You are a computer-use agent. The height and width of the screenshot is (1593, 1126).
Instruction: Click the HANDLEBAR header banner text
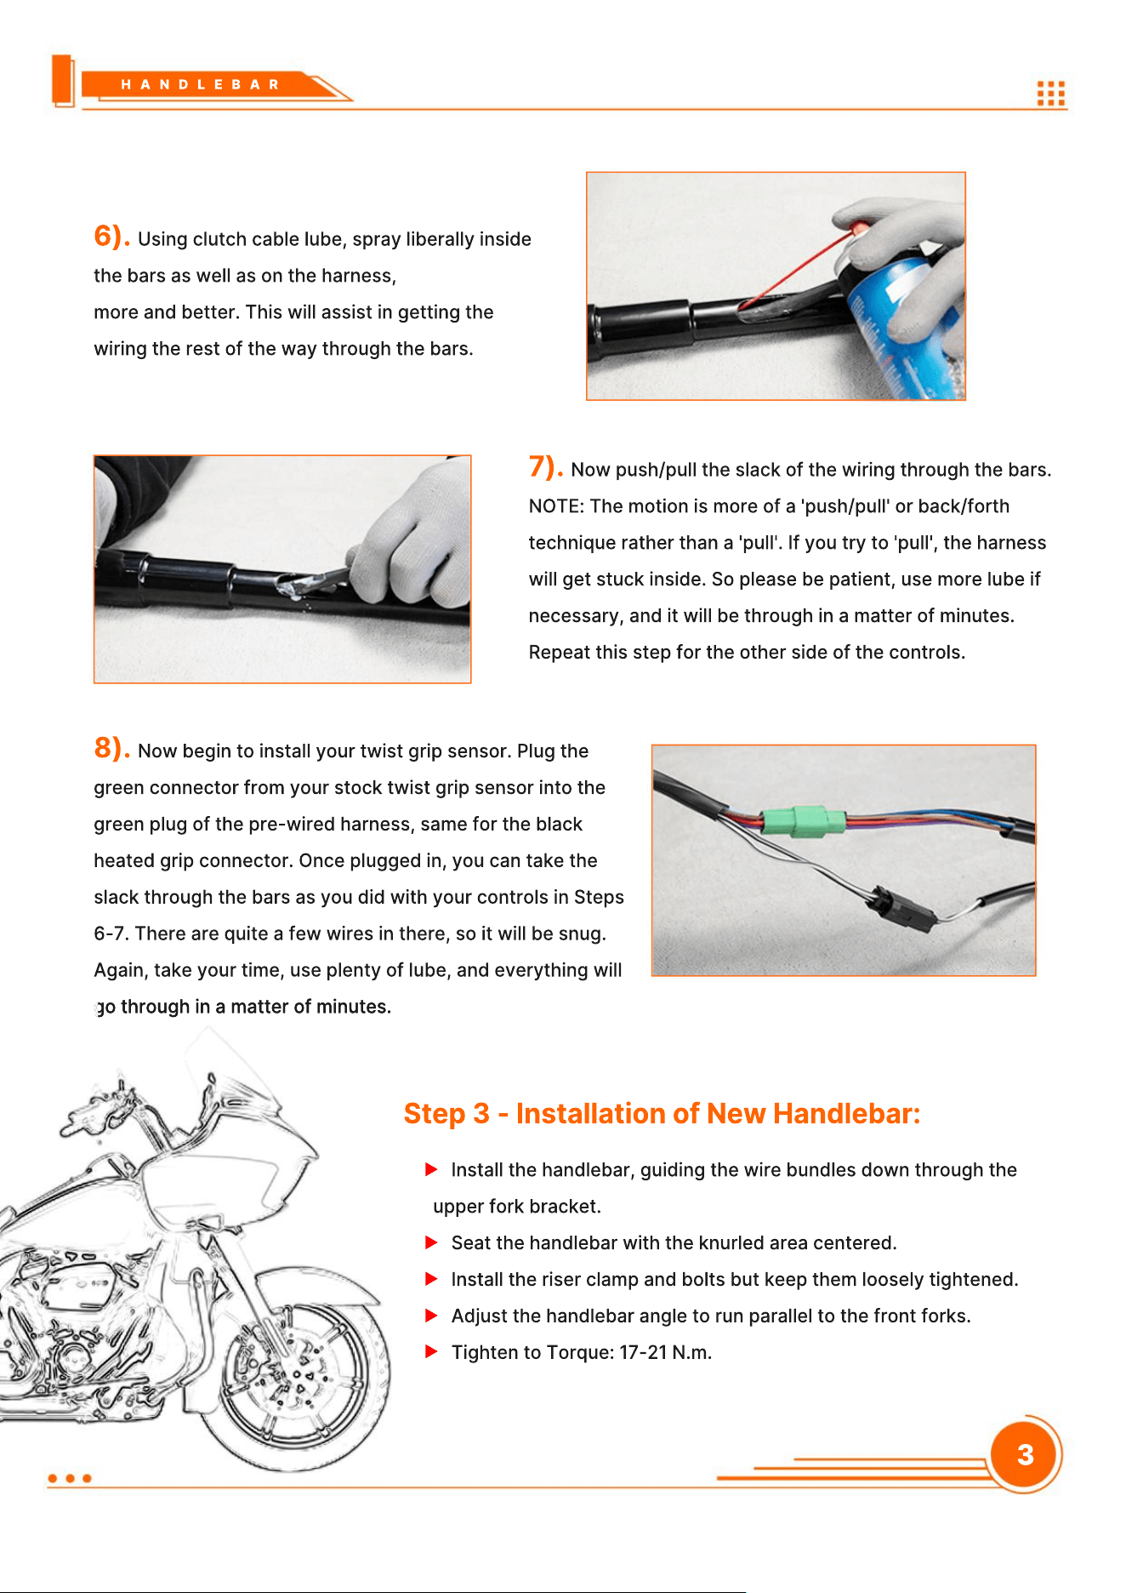pos(200,84)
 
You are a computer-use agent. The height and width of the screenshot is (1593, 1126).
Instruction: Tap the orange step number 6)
pos(111,236)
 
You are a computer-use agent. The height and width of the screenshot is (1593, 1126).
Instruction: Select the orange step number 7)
pos(546,466)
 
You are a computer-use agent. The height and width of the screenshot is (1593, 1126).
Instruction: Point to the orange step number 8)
pos(111,748)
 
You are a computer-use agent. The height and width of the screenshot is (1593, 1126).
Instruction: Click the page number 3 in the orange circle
pos(1026,1455)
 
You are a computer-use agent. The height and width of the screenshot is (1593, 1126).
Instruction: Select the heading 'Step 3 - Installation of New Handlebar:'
pos(662,1113)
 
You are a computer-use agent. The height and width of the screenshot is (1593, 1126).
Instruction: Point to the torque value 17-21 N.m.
pos(665,1352)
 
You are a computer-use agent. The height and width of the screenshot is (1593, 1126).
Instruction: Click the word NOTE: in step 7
pos(556,506)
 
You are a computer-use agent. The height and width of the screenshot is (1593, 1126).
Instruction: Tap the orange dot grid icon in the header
pos(1051,94)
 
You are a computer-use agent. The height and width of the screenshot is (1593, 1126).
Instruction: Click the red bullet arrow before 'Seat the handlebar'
pos(431,1242)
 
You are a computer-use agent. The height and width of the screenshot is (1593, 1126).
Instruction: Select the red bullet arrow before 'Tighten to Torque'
pos(431,1351)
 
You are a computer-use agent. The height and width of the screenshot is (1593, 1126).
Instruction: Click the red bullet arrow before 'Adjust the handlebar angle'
pos(431,1316)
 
